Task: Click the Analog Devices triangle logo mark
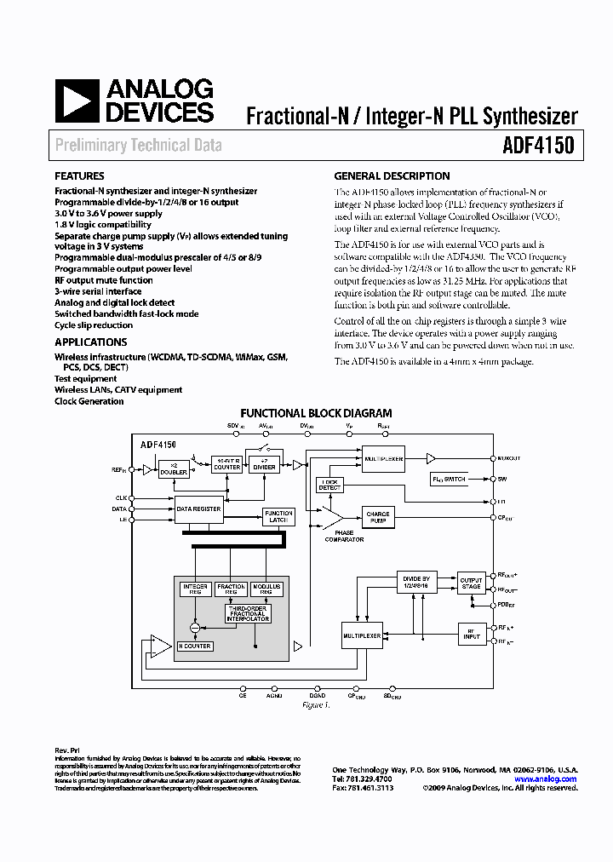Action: [75, 101]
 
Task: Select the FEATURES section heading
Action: [79, 176]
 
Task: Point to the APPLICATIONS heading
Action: [91, 342]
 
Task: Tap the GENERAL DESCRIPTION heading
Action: [392, 176]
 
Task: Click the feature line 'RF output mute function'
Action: [104, 280]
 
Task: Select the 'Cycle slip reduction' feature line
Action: [94, 325]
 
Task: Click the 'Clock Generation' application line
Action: [89, 401]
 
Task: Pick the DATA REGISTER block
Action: [198, 509]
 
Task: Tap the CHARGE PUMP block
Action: [377, 518]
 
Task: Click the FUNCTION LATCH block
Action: [278, 517]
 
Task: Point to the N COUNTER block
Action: [195, 646]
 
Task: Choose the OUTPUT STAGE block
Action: [471, 583]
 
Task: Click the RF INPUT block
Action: [471, 633]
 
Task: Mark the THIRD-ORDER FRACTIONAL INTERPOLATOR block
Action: [248, 613]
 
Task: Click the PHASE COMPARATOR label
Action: [343, 537]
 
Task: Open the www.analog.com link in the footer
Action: [545, 779]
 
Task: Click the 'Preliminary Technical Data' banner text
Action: [138, 145]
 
